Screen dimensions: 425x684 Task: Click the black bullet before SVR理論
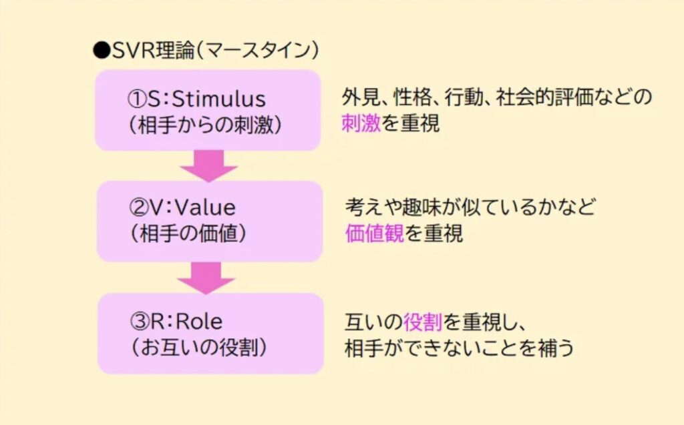(100, 50)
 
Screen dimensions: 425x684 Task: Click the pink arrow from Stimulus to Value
(208, 165)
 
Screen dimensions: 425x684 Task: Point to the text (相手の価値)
(189, 234)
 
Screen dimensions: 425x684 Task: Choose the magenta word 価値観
(375, 234)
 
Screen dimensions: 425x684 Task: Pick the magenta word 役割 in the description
(423, 322)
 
